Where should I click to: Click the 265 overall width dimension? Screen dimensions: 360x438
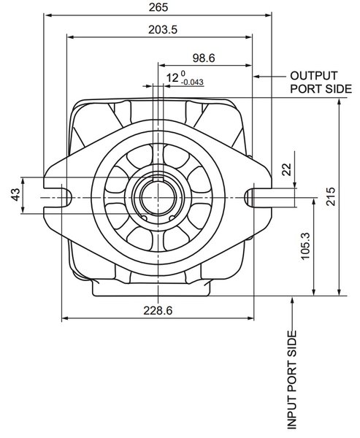tap(158, 7)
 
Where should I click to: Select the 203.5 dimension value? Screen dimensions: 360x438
tap(163, 29)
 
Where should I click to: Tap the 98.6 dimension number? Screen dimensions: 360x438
tap(204, 58)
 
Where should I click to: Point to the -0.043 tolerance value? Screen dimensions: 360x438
tap(192, 82)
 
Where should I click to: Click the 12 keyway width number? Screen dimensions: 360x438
tap(172, 77)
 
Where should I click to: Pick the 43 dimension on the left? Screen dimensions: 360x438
tap(15, 194)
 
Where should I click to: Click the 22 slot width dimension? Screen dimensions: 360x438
tap(287, 169)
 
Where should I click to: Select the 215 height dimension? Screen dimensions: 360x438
tap(331, 196)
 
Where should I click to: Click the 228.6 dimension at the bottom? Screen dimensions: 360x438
tap(158, 310)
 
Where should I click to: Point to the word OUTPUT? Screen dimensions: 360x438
tap(313, 76)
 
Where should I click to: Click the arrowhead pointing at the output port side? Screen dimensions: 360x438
tap(256, 76)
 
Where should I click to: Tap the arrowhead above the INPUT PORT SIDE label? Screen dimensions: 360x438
tap(292, 300)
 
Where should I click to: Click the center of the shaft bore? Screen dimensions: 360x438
tap(158, 198)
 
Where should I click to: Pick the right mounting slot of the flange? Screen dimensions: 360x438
tap(258, 198)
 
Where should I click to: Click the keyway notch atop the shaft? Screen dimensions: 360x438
tap(158, 180)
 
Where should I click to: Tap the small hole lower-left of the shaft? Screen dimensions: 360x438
tap(145, 218)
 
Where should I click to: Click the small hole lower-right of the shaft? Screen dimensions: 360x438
tap(172, 218)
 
